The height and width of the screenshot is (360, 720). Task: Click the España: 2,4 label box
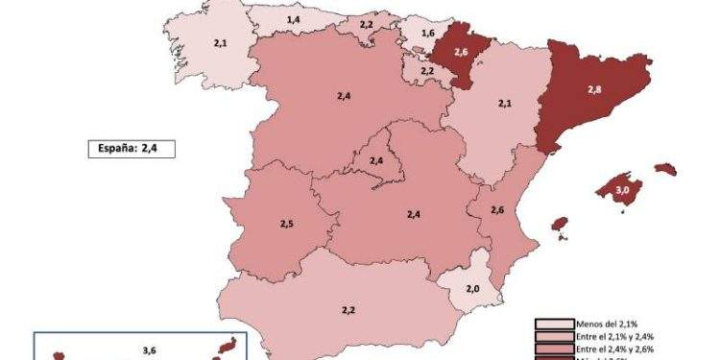[x=127, y=148]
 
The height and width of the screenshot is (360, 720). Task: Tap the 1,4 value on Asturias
[x=293, y=20]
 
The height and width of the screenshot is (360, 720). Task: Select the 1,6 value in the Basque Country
[x=415, y=33]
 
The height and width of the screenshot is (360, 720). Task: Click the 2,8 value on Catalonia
[x=594, y=89]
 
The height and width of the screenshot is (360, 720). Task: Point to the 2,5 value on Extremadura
[x=287, y=224]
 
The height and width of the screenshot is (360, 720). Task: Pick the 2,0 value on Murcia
[x=472, y=289]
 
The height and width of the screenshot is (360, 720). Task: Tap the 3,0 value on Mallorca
[x=621, y=191]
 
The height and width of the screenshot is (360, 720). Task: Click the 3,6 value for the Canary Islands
[x=149, y=349]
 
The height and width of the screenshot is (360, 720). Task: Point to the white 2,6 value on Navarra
[x=460, y=52]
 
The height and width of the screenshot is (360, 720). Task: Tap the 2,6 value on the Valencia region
[x=497, y=210]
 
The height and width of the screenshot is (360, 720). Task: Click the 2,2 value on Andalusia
[x=348, y=309]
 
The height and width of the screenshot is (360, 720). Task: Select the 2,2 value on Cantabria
[x=366, y=24]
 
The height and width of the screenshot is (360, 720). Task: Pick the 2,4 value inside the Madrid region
[x=376, y=160]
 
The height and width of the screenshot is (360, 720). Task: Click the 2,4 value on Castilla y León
[x=344, y=97]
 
